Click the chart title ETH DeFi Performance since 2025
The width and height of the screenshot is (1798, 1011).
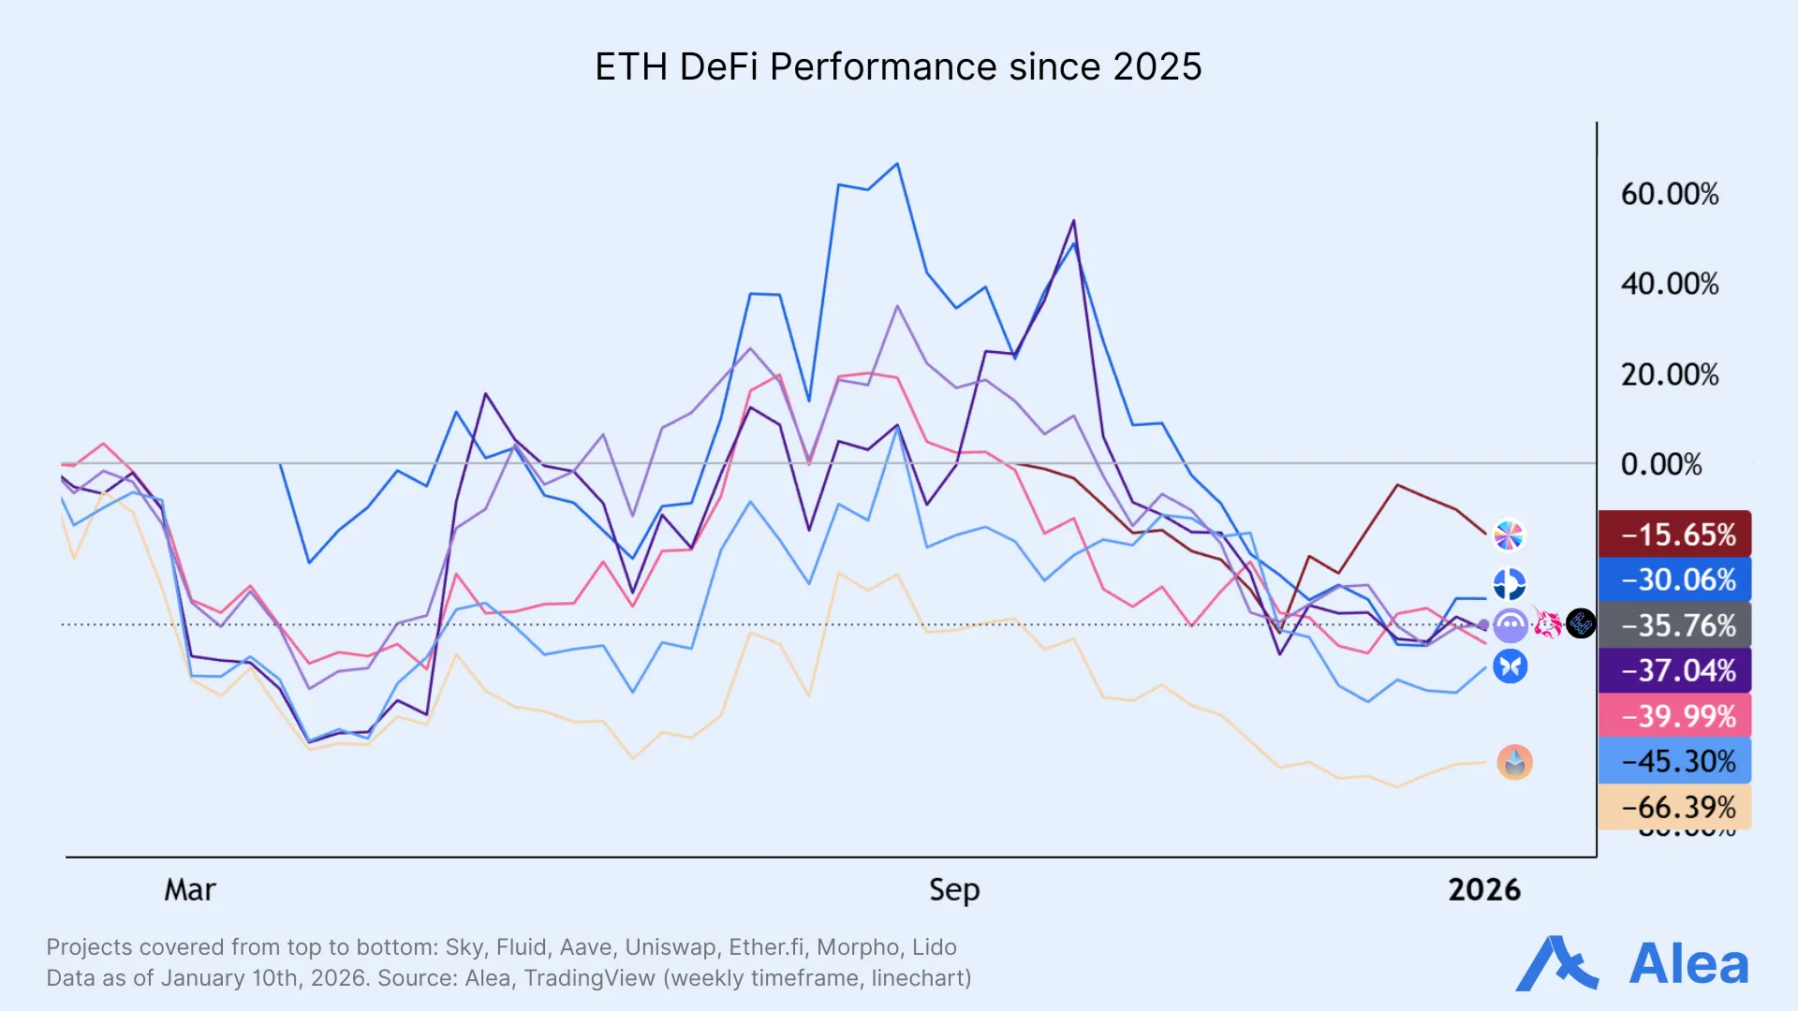click(x=898, y=67)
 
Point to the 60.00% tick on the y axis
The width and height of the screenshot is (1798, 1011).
click(x=1669, y=195)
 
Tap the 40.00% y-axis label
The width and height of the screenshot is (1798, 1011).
click(x=1669, y=284)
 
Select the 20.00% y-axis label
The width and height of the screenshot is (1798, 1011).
click(x=1669, y=374)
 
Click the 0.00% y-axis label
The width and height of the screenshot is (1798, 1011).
click(x=1660, y=464)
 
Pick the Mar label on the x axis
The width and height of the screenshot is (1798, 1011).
click(x=190, y=889)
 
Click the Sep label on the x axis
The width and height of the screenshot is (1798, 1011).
click(x=953, y=889)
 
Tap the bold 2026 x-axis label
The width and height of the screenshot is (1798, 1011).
click(x=1483, y=889)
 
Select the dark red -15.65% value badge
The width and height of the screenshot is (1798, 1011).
click(x=1674, y=535)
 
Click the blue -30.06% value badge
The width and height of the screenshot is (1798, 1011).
click(x=1674, y=579)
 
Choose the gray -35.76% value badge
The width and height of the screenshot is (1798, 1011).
click(x=1674, y=625)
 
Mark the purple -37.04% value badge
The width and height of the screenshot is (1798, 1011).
click(x=1674, y=670)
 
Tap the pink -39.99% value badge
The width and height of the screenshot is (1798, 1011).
click(x=1674, y=716)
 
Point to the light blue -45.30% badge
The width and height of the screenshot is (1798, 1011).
click(x=1674, y=761)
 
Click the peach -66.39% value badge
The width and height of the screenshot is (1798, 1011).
click(x=1674, y=806)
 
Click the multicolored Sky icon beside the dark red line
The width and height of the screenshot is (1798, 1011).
click(x=1509, y=535)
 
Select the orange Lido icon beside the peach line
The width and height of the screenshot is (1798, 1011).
click(x=1514, y=762)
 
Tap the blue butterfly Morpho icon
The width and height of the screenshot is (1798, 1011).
click(x=1510, y=667)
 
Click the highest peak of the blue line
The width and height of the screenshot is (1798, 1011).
click(x=897, y=165)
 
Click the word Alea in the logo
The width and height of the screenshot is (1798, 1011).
click(x=1687, y=964)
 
